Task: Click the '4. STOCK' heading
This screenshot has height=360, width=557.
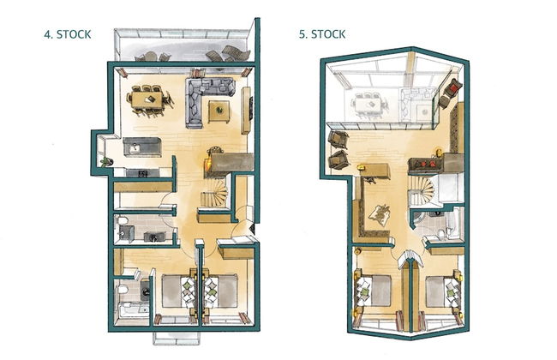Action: (x=68, y=35)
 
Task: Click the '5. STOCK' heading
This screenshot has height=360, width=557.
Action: (x=322, y=35)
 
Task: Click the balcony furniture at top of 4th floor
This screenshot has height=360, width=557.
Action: (x=184, y=55)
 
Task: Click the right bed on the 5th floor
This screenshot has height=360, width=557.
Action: (x=438, y=291)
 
